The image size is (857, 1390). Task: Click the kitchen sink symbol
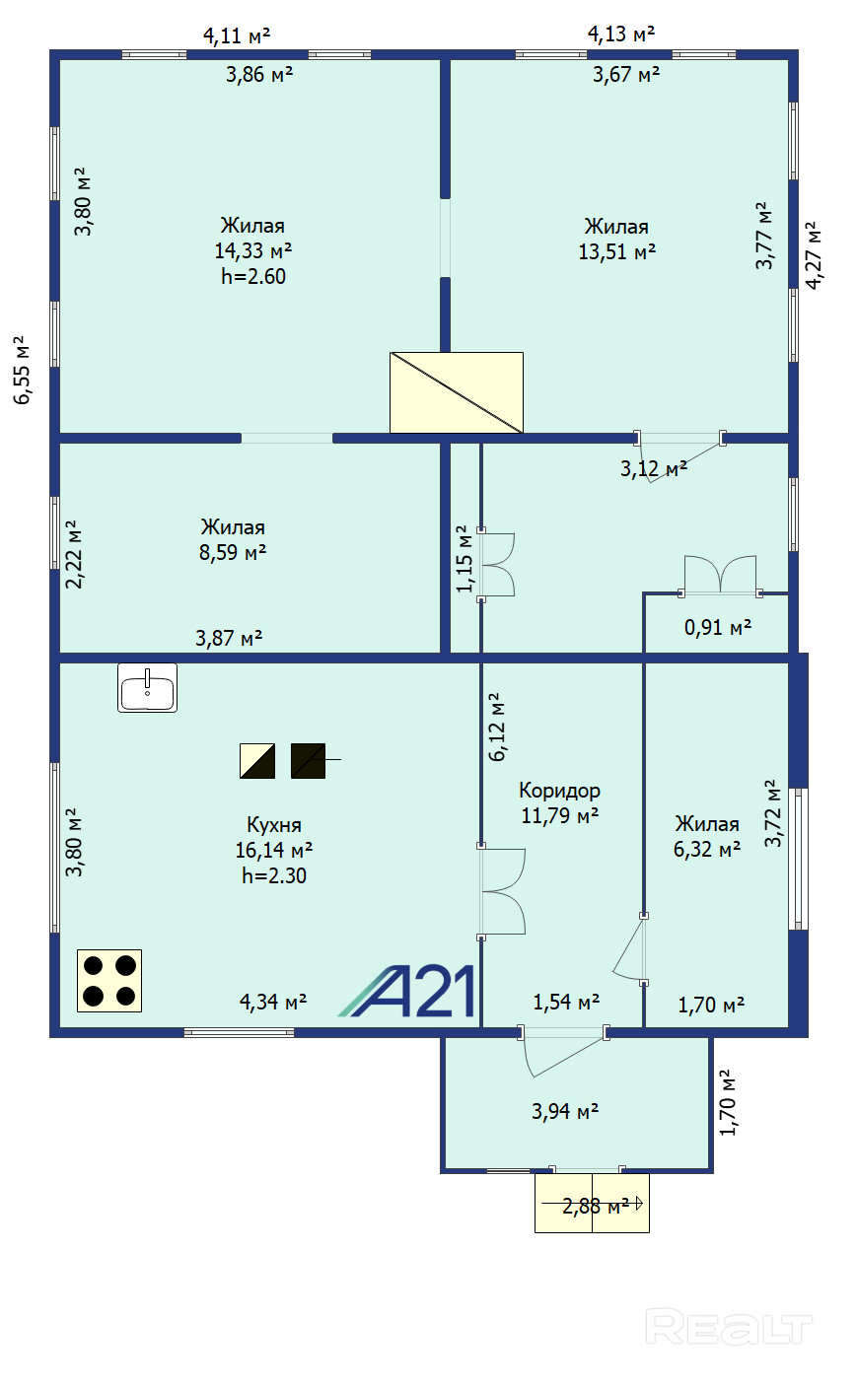click(x=147, y=687)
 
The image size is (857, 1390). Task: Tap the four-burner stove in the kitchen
click(x=109, y=981)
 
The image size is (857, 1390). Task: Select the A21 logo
click(x=407, y=991)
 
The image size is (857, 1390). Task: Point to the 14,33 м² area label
click(x=253, y=250)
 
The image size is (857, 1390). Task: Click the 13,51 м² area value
click(x=616, y=252)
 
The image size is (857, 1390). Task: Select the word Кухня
click(x=274, y=825)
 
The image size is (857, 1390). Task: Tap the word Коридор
click(x=559, y=791)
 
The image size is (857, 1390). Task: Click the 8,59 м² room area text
click(x=233, y=552)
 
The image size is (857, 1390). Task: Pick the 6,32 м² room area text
click(x=707, y=849)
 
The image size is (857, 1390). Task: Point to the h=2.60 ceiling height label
click(x=253, y=276)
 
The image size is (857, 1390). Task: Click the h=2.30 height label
click(x=274, y=875)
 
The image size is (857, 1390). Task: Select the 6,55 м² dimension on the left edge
click(x=21, y=371)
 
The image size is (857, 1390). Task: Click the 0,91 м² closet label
click(x=717, y=627)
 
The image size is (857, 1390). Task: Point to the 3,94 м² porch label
click(x=565, y=1111)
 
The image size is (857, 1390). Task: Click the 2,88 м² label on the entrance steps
click(x=596, y=1206)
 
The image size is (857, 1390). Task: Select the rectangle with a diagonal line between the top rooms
click(x=457, y=392)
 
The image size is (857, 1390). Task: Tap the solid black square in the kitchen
click(x=309, y=761)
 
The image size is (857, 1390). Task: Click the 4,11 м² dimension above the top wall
click(x=237, y=35)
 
